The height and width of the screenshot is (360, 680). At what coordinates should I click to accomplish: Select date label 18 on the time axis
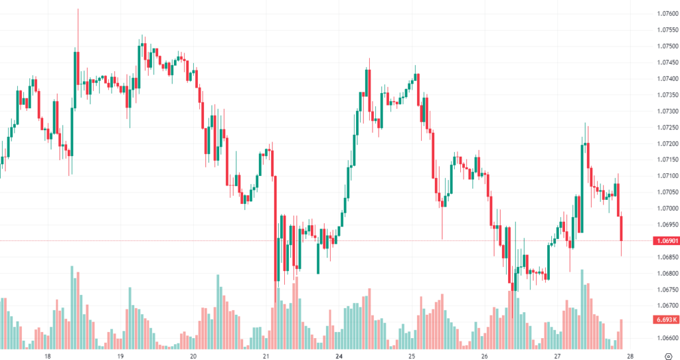click(48, 356)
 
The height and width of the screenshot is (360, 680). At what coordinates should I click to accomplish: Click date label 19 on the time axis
click(121, 356)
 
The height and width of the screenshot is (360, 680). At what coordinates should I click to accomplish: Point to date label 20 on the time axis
click(193, 356)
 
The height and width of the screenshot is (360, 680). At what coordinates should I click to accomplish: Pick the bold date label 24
click(339, 356)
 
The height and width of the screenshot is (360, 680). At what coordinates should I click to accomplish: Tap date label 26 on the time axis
click(484, 356)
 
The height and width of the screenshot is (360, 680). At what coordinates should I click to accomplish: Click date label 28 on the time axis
click(629, 356)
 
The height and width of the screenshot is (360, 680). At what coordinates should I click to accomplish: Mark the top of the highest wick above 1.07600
click(78, 9)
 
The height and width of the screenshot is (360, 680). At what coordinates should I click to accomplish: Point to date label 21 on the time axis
click(266, 356)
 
